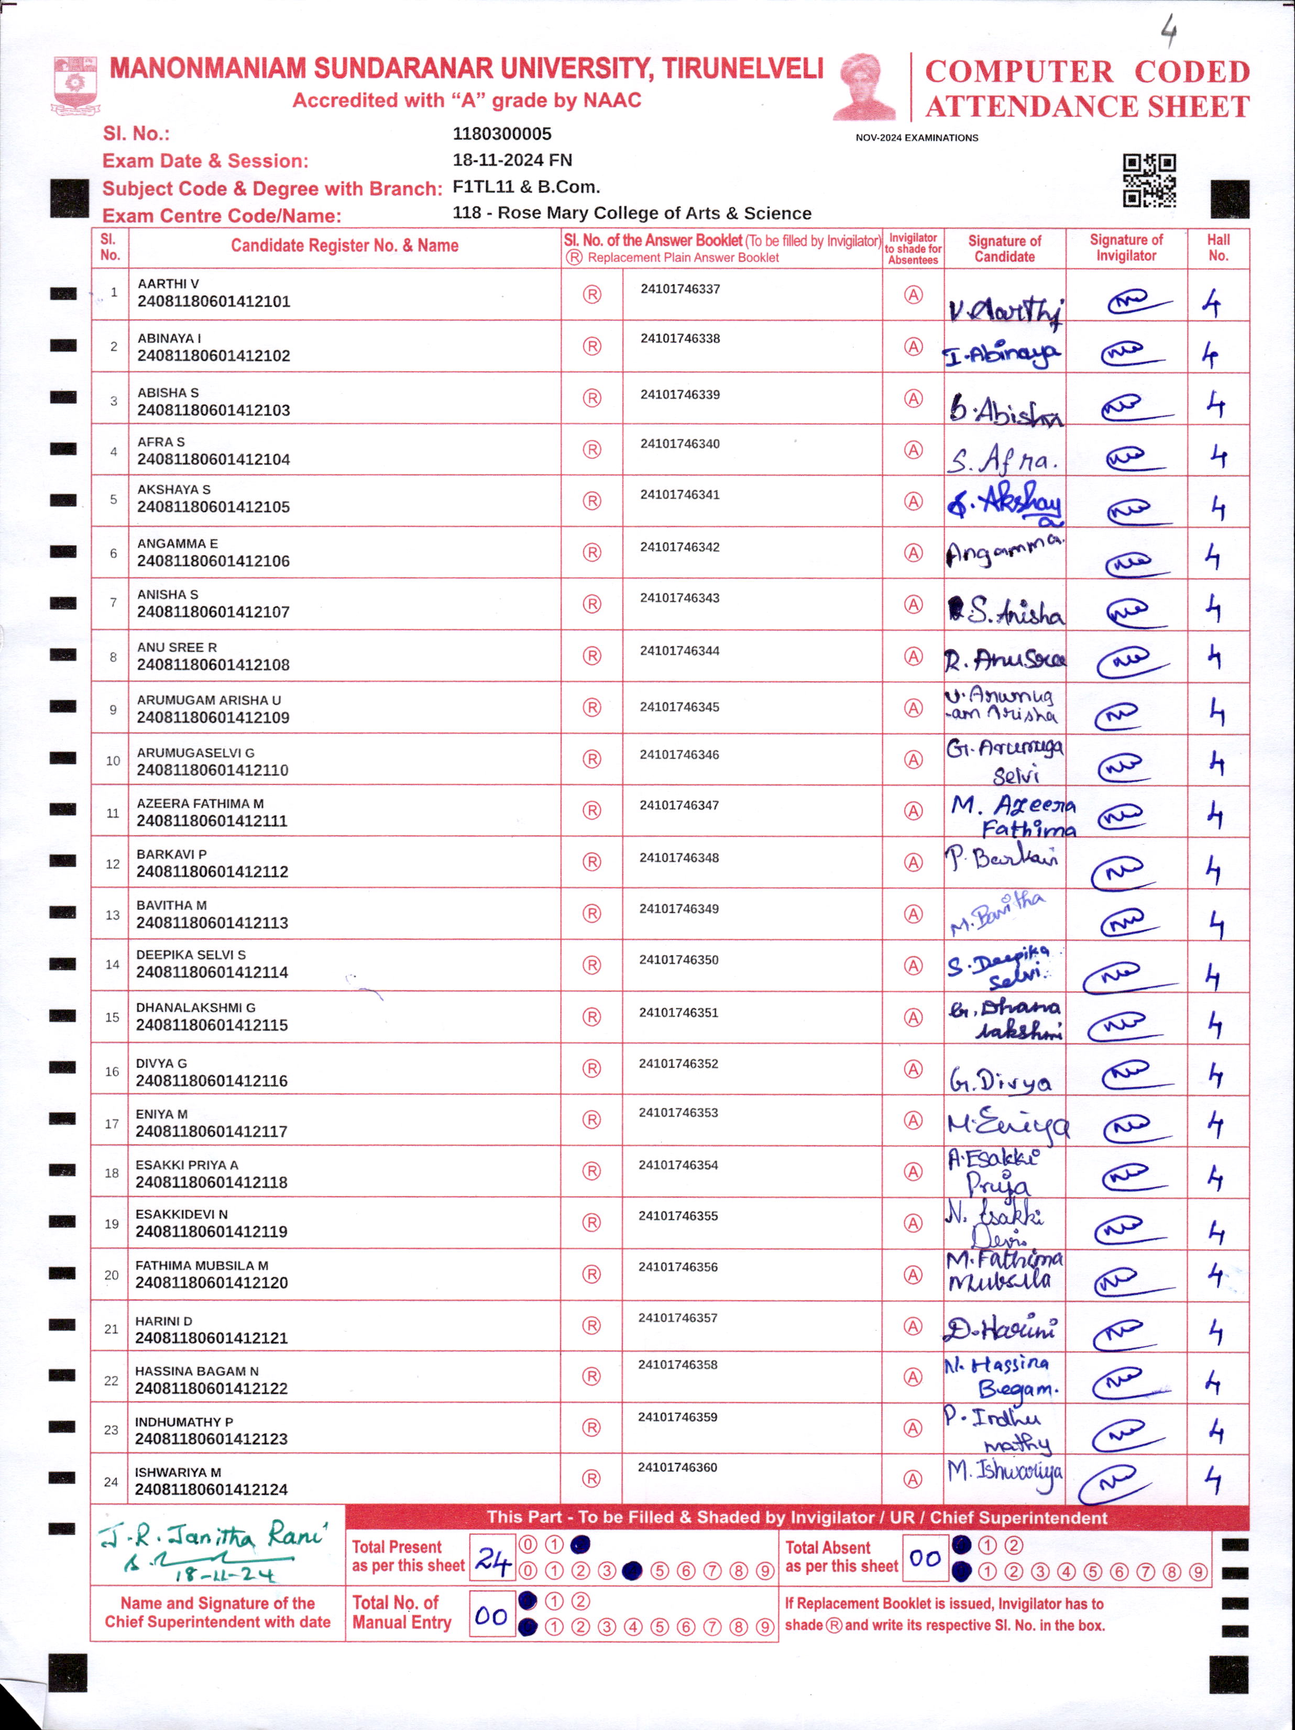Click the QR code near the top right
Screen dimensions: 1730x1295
(1149, 180)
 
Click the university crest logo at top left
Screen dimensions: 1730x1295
(74, 84)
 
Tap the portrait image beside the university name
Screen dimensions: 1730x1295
(864, 87)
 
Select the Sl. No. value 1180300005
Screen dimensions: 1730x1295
(501, 134)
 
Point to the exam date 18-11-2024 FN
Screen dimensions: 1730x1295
(512, 160)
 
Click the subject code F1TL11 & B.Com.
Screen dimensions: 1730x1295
(526, 187)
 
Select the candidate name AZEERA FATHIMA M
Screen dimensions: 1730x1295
(200, 803)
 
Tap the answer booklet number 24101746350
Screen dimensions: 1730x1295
(678, 960)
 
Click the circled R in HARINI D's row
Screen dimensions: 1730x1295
(591, 1326)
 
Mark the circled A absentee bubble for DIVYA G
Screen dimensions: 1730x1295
(913, 1069)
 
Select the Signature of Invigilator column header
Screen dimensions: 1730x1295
(1125, 248)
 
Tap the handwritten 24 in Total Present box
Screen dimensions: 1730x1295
(492, 1561)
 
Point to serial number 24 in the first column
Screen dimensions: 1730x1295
(111, 1481)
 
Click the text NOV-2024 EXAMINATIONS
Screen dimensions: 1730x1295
(916, 138)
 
